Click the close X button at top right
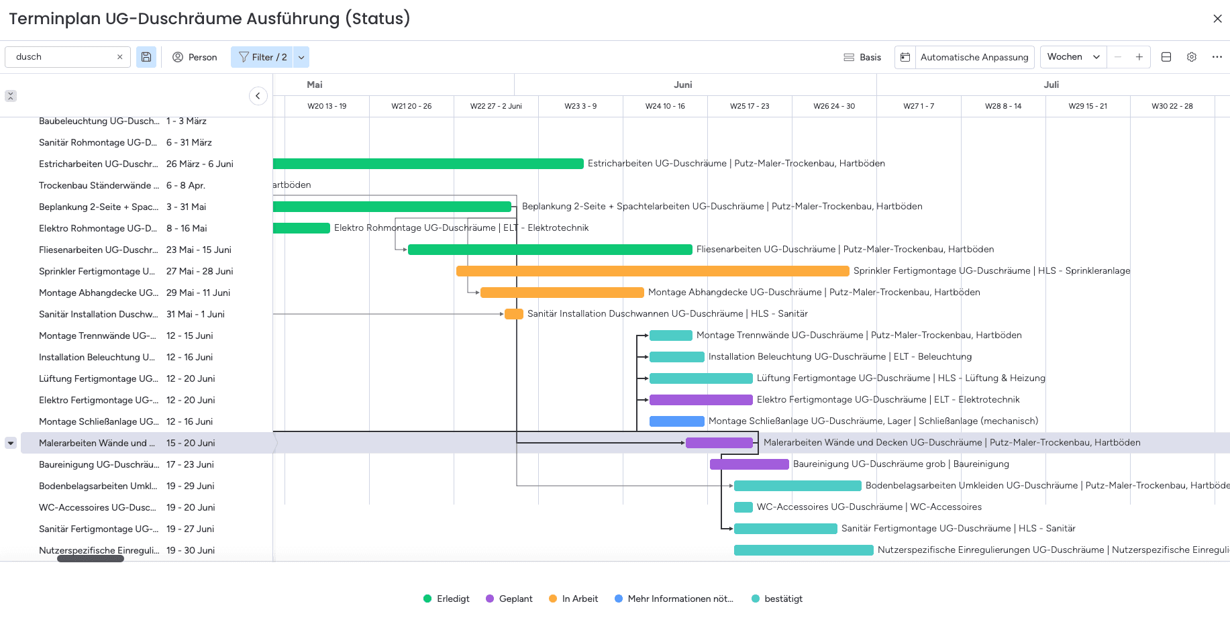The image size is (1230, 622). click(1217, 19)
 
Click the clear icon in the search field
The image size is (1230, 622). click(119, 57)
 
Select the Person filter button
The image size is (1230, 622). click(195, 57)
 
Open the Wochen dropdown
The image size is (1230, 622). click(1073, 57)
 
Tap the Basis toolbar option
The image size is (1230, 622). click(862, 57)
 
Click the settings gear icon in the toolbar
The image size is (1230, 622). click(1191, 57)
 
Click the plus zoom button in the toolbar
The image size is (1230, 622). click(1139, 57)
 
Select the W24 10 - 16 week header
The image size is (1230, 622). click(665, 106)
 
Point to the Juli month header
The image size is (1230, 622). click(1051, 85)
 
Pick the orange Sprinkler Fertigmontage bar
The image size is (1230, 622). click(652, 271)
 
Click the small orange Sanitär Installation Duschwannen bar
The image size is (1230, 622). click(513, 314)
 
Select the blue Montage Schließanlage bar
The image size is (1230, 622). click(676, 421)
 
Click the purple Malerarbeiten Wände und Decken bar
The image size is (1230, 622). click(719, 443)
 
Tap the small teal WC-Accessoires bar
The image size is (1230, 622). click(743, 507)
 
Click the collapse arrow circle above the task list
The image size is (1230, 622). click(258, 96)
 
